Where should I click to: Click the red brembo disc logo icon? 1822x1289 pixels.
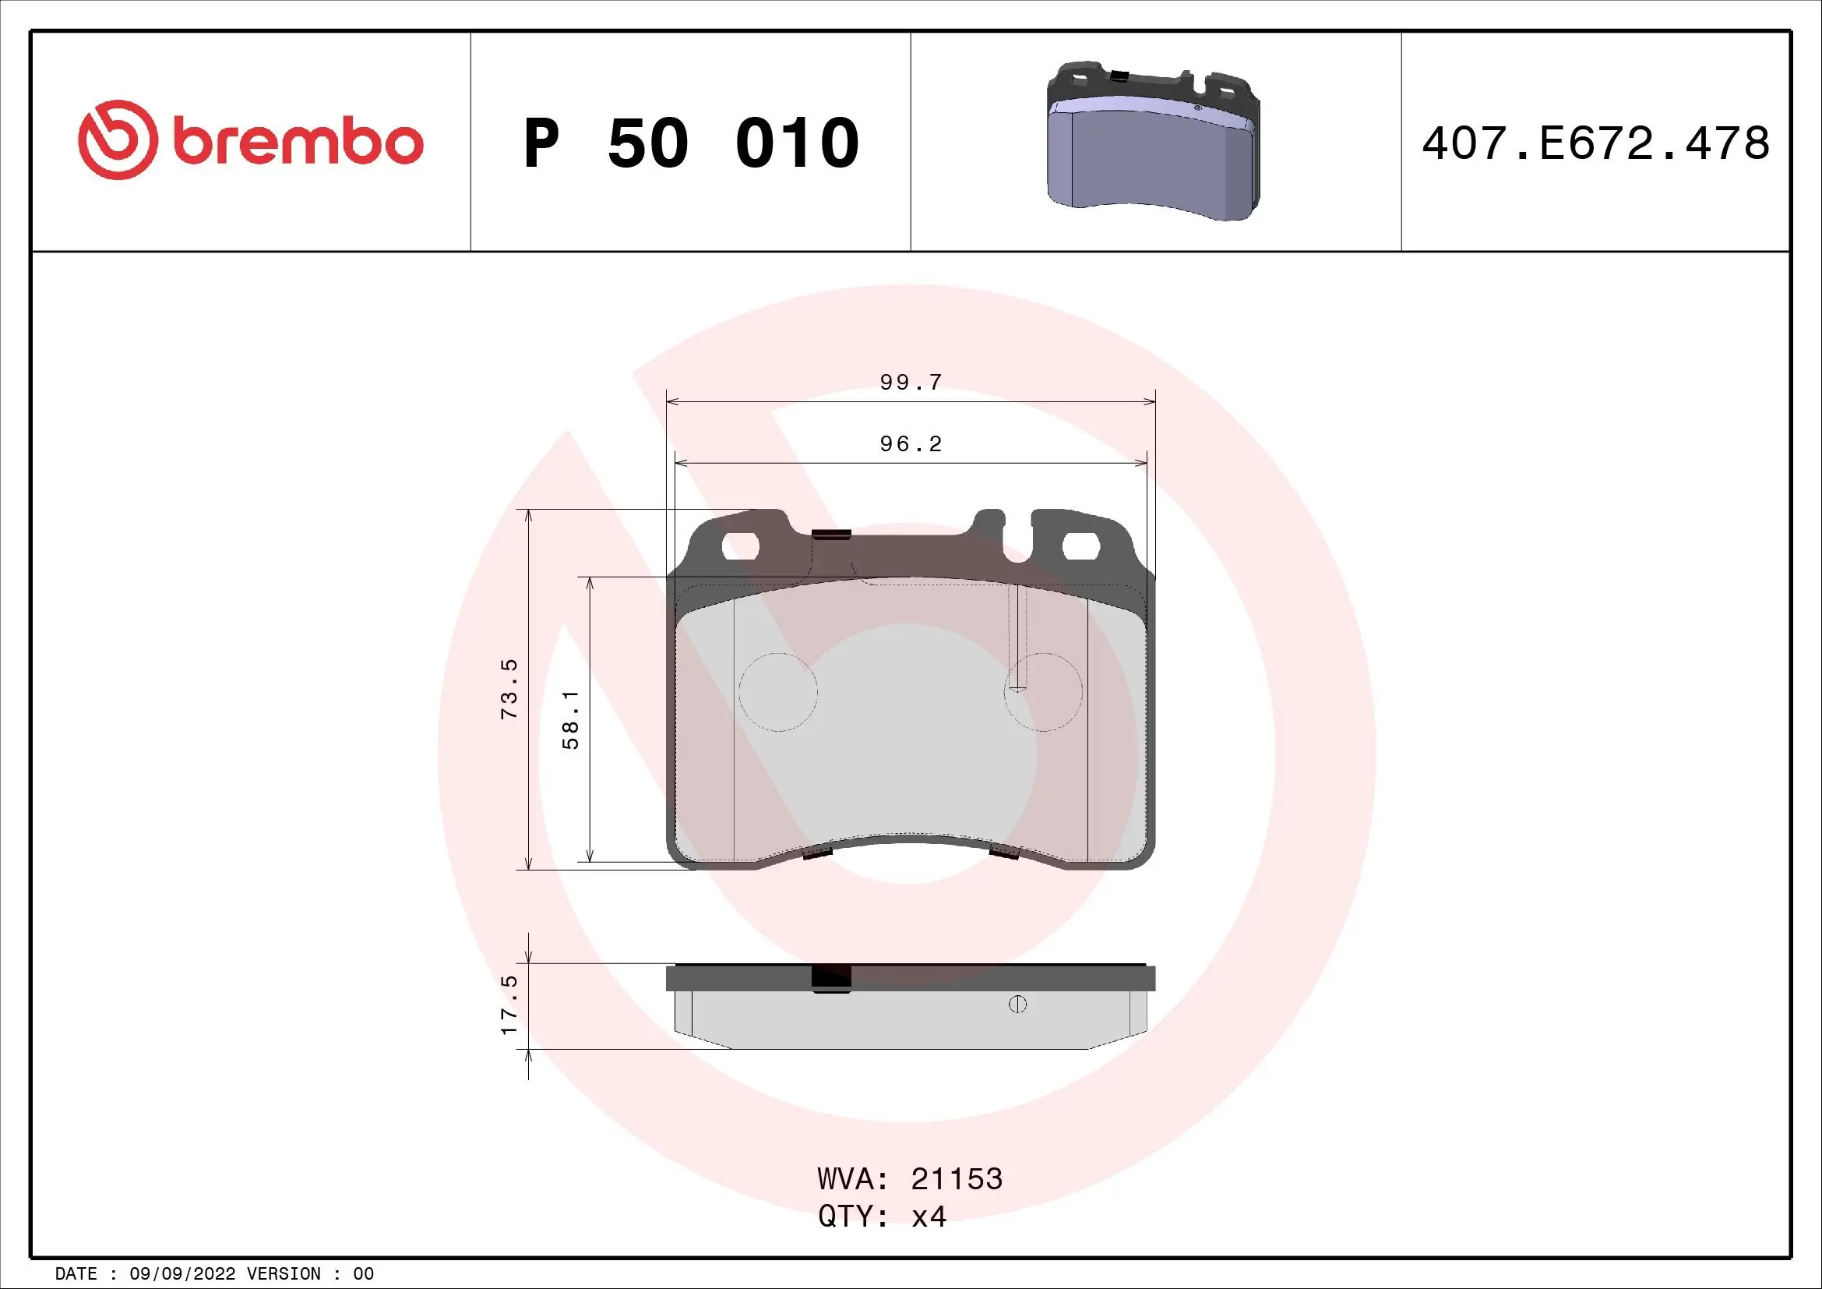(114, 139)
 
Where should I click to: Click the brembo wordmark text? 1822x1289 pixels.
(297, 143)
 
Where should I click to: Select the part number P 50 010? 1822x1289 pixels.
(690, 143)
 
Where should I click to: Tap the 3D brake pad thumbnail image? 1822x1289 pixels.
(1154, 141)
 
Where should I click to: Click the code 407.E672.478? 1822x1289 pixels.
(1595, 143)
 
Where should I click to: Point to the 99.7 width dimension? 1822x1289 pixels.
(910, 383)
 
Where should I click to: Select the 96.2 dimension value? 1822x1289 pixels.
(910, 443)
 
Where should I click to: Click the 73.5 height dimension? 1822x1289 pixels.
(509, 689)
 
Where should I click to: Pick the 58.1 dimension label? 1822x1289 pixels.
(570, 720)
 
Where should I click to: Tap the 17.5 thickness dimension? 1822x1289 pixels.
(509, 1005)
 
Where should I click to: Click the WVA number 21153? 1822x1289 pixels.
(957, 1179)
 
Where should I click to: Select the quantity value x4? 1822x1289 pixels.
(929, 1217)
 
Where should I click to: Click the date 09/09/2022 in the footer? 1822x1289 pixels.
(181, 1274)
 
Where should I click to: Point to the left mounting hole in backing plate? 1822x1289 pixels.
(740, 546)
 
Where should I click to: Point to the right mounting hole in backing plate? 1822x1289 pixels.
(1080, 546)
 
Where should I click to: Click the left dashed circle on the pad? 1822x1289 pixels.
(777, 692)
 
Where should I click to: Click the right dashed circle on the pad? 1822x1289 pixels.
(1043, 692)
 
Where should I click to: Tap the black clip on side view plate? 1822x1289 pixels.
(831, 979)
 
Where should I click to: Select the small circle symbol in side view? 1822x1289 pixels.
(1017, 1005)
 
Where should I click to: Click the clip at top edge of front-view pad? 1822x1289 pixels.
(831, 535)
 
